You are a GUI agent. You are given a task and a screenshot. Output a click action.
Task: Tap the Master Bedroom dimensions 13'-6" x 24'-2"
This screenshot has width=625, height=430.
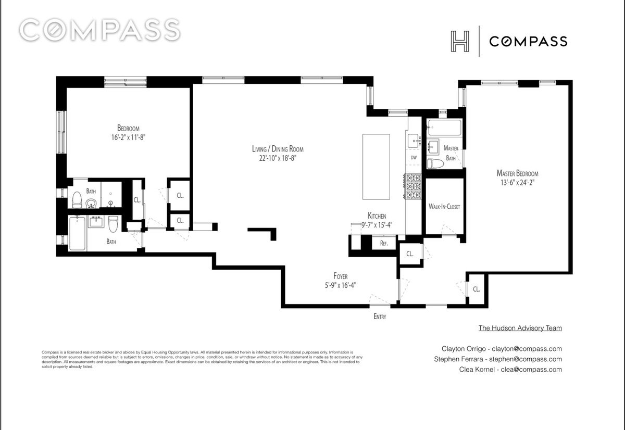pos(517,183)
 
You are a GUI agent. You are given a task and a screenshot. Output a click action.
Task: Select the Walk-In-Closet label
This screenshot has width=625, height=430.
pos(444,206)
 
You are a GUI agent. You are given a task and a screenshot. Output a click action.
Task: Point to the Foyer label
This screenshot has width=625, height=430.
pos(341,276)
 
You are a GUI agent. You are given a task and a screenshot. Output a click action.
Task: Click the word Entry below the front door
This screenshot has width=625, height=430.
pos(380,317)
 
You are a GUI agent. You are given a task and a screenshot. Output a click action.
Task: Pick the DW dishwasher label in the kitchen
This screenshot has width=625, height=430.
pos(414,158)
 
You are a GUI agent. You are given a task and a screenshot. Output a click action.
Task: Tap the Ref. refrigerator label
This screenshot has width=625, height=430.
pos(384,243)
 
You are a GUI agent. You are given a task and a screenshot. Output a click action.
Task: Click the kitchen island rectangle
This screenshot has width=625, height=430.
pos(376,167)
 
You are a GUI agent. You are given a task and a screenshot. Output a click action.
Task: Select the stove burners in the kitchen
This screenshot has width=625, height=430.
pos(413,186)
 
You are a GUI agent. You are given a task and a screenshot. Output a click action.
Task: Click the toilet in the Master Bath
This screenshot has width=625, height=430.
pos(435,163)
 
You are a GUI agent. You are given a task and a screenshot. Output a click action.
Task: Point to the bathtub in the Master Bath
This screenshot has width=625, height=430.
pos(444,128)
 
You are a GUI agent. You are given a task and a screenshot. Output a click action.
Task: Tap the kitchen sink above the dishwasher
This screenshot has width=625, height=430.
pos(414,141)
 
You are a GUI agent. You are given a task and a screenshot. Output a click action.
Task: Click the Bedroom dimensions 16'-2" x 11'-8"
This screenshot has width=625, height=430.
pos(128,137)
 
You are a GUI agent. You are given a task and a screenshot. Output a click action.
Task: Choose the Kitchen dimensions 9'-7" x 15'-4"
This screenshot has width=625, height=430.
pos(377,225)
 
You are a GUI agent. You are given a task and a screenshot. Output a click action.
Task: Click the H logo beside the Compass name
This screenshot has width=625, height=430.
pos(460,41)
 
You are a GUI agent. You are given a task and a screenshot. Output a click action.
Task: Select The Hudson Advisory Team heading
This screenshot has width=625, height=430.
pos(520,328)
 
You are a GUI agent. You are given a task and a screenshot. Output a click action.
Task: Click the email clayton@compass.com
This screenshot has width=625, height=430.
pos(527,349)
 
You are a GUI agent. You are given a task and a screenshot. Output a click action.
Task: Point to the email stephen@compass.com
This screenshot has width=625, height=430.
pos(526,359)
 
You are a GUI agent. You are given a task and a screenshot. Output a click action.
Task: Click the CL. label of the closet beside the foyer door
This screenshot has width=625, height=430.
pos(409,254)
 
